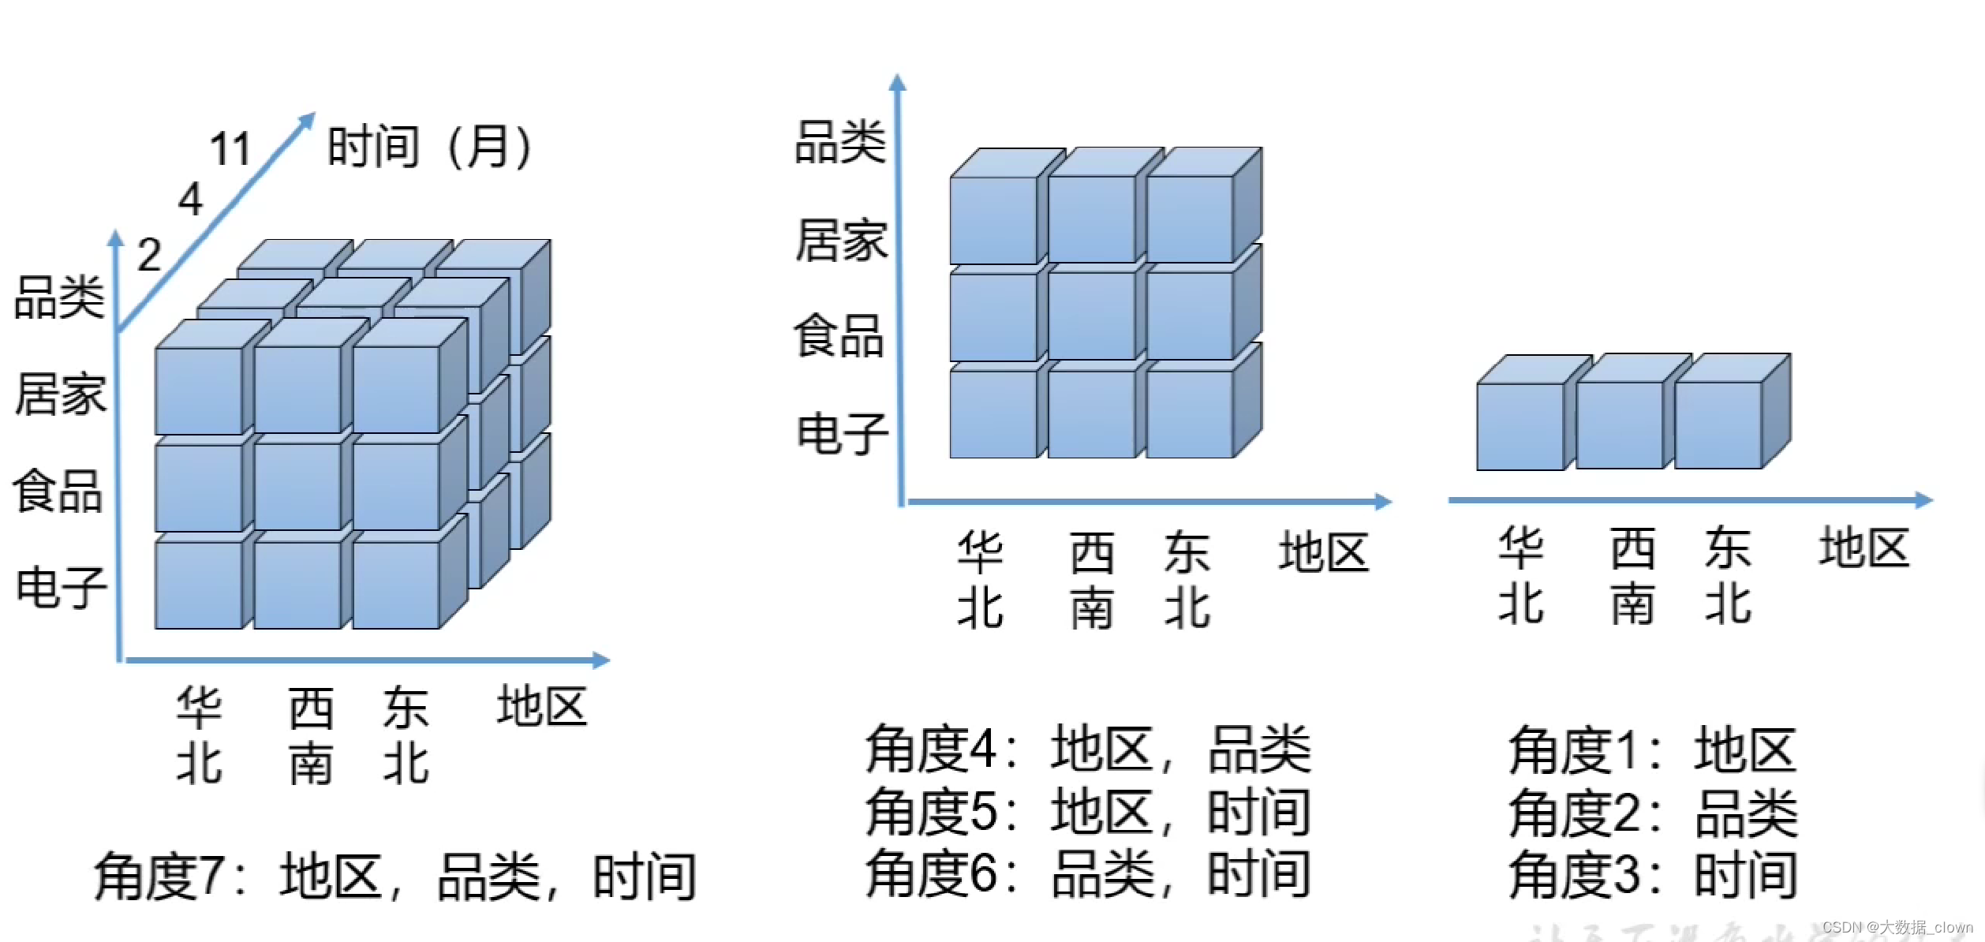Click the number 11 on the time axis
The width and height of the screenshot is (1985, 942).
[230, 149]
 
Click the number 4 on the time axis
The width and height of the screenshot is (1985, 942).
[190, 199]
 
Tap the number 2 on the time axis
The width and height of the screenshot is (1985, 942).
[149, 255]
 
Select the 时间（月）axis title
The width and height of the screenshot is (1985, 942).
[430, 148]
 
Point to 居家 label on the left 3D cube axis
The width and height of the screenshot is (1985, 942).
[61, 394]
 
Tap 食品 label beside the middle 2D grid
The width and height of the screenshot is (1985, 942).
[839, 336]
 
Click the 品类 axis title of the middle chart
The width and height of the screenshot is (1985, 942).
[840, 143]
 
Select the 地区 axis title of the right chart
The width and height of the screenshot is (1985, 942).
[1864, 548]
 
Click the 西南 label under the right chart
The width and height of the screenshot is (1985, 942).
[1632, 577]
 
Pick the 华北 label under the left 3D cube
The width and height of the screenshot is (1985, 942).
[199, 735]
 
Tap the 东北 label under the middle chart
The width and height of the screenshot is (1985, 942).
[1187, 580]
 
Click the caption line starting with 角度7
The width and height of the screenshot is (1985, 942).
[395, 876]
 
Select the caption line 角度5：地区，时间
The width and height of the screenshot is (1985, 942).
[1088, 812]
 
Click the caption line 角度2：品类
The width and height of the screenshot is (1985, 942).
[1653, 813]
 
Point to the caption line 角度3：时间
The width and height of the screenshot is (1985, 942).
[1653, 875]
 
